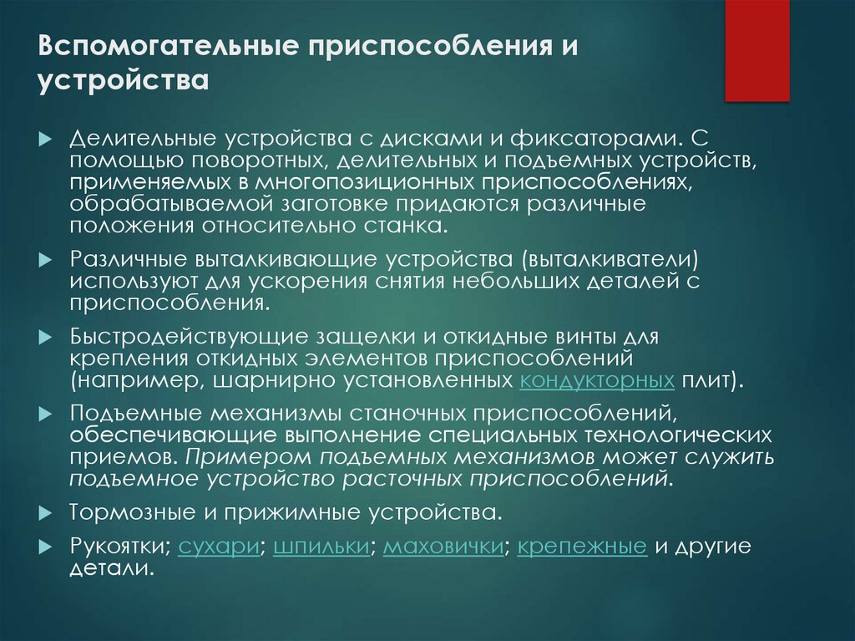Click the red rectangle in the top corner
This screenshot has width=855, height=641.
click(756, 50)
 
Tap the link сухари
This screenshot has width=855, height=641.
click(217, 547)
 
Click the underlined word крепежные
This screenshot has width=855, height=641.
click(582, 547)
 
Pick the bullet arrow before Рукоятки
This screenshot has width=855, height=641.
click(45, 547)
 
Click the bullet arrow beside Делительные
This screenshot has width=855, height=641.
click(45, 136)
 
